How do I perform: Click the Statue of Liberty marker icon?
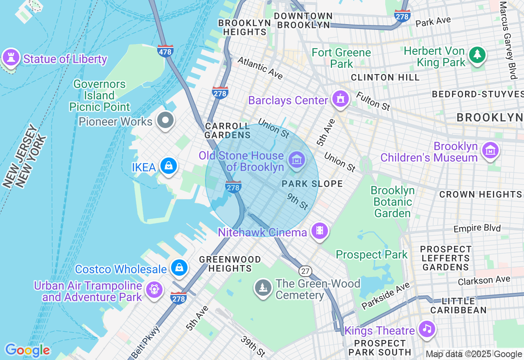click(11, 57)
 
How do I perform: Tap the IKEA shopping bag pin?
click(168, 166)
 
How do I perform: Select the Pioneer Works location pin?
click(166, 120)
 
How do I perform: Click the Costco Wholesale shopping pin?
click(179, 268)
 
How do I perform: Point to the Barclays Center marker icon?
click(340, 99)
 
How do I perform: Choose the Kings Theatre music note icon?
click(427, 328)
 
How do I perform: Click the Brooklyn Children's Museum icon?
click(490, 151)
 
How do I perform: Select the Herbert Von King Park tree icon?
click(477, 54)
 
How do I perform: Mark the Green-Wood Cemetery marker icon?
click(263, 287)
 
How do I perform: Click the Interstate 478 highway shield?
click(165, 51)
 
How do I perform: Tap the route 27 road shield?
click(305, 271)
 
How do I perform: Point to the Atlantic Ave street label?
click(260, 68)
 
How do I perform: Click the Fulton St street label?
click(373, 101)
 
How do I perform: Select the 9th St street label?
click(298, 201)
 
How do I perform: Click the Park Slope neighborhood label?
click(312, 184)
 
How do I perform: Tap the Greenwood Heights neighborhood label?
click(230, 264)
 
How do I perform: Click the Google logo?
click(27, 350)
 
